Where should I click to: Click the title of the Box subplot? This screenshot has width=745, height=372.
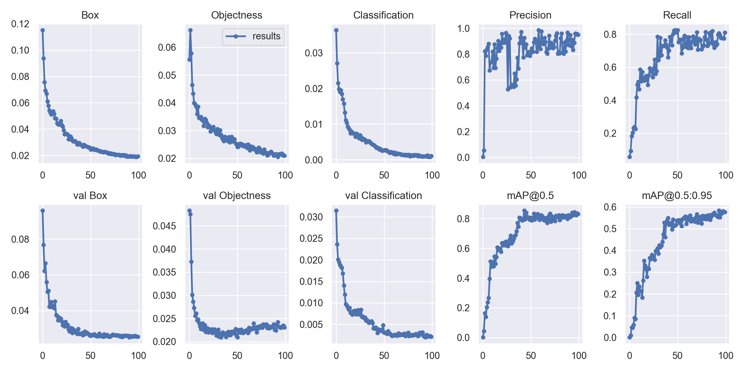pyautogui.click(x=90, y=15)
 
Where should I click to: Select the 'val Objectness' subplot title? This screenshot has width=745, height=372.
pyautogui.click(x=237, y=196)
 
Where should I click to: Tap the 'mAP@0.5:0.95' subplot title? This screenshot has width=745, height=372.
pyautogui.click(x=677, y=196)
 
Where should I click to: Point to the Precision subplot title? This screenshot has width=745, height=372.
pyautogui.click(x=530, y=15)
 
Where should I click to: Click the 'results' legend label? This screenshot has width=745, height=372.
pyautogui.click(x=266, y=36)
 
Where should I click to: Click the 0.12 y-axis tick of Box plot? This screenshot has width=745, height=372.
pyautogui.click(x=20, y=24)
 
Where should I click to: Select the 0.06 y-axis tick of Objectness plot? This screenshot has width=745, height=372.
pyautogui.click(x=167, y=47)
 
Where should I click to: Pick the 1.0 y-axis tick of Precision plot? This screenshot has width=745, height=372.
pyautogui.click(x=463, y=29)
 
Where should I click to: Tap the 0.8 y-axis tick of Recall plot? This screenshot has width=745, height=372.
pyautogui.click(x=610, y=34)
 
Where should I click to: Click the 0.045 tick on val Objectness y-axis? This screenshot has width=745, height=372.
pyautogui.click(x=164, y=226)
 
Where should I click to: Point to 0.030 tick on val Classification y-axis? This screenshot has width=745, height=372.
pyautogui.click(x=311, y=217)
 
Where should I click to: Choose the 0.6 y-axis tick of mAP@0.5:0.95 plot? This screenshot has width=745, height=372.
pyautogui.click(x=610, y=207)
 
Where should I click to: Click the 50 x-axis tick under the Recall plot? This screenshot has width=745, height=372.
pyautogui.click(x=677, y=175)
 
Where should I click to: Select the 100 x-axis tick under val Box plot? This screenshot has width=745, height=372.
pyautogui.click(x=138, y=356)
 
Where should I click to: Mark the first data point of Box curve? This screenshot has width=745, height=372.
pyautogui.click(x=43, y=30)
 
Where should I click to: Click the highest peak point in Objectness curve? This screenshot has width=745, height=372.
pyautogui.click(x=190, y=30)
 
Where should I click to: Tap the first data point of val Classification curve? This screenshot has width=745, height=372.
pyautogui.click(x=336, y=210)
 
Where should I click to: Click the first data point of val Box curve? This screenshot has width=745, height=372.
pyautogui.click(x=43, y=210)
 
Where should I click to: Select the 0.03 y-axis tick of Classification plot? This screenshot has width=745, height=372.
pyautogui.click(x=314, y=53)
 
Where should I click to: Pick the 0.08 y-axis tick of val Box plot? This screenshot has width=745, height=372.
pyautogui.click(x=20, y=239)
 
